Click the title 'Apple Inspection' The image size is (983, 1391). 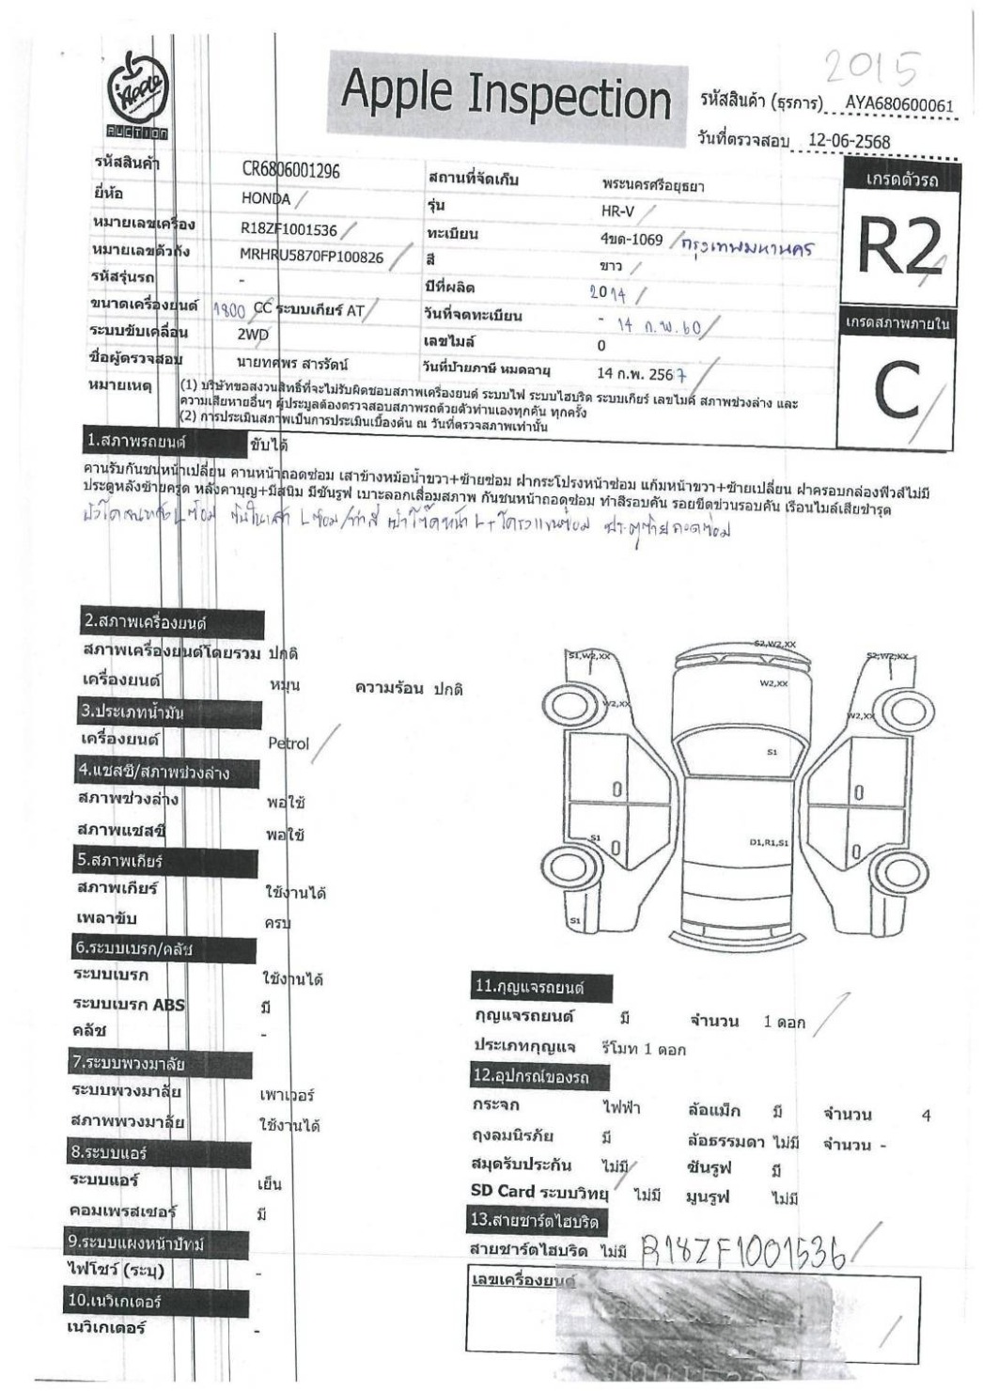506,96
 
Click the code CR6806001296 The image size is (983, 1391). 290,171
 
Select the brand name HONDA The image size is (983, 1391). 266,198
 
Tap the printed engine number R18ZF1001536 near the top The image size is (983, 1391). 289,229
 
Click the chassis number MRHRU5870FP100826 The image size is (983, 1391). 311,257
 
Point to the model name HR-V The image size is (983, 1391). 618,211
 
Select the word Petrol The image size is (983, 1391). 289,743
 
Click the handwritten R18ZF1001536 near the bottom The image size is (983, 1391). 742,1250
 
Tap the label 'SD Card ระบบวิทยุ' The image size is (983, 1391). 538,1192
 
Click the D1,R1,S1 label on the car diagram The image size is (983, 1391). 769,843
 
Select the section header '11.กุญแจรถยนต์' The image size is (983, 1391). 542,988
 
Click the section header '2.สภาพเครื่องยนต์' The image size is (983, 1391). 146,621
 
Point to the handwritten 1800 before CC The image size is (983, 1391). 229,308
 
